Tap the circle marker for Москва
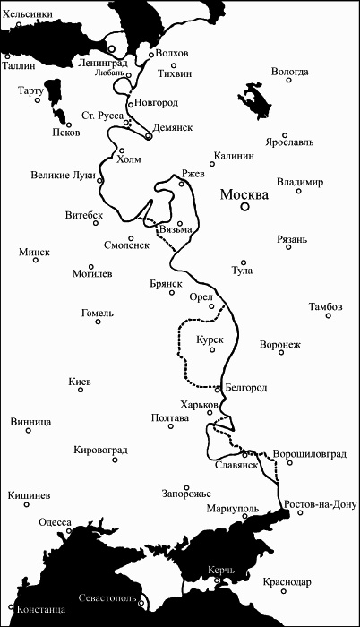[244, 208]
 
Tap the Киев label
[80, 382]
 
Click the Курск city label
[209, 340]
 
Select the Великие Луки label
[64, 175]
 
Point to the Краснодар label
[287, 583]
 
